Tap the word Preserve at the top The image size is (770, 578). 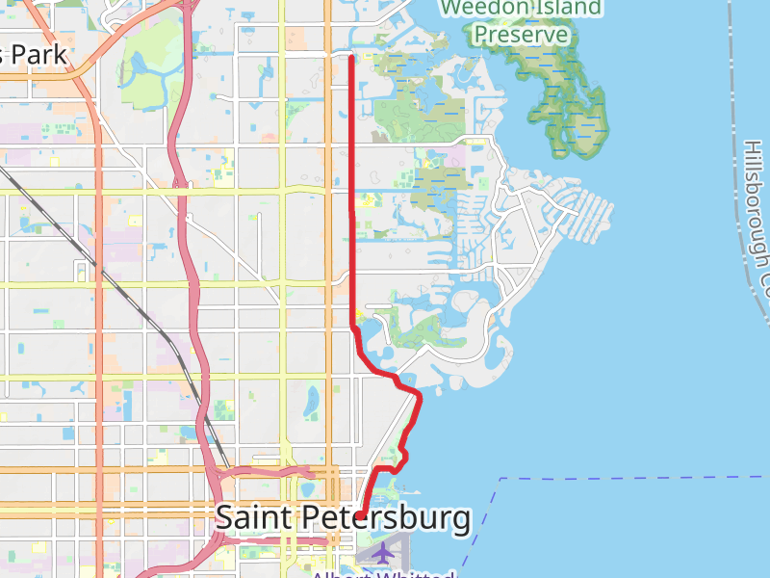521,35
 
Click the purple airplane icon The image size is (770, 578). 383,553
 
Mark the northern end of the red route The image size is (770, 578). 351,58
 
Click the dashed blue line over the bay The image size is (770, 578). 626,477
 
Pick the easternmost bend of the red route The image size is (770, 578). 420,394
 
